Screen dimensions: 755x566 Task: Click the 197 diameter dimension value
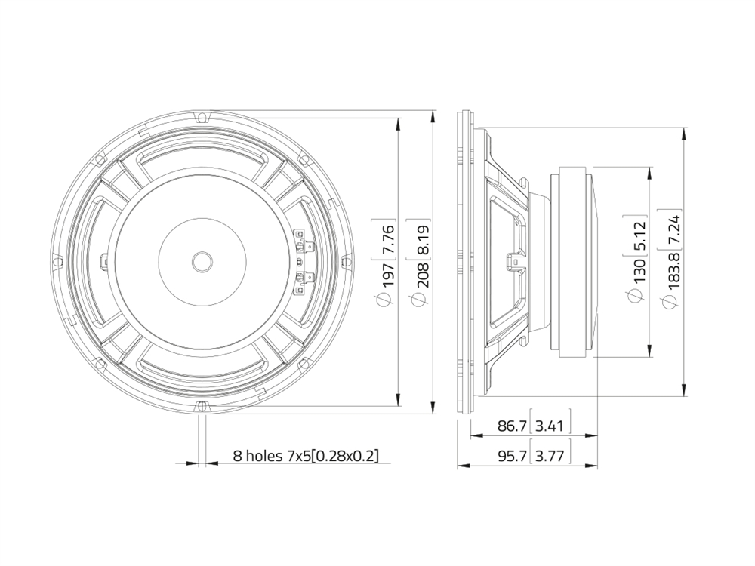(388, 275)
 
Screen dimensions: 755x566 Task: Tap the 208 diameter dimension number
(423, 275)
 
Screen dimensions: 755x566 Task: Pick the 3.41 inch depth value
(550, 426)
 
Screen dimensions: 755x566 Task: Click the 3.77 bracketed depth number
(550, 455)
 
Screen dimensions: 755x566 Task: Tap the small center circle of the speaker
(202, 262)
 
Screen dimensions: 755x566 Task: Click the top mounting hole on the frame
(202, 117)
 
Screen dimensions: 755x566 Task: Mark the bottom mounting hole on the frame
(202, 406)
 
